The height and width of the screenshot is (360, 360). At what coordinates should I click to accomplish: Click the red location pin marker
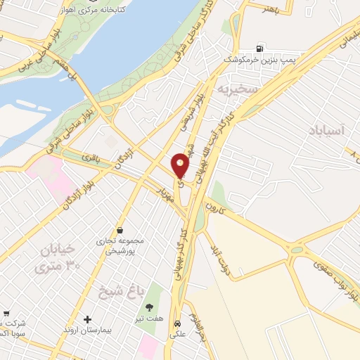coord(181,165)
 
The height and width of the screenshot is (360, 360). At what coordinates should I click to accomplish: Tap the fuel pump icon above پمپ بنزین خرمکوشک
coord(261,49)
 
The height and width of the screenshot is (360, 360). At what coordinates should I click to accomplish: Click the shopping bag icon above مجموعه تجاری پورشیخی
coord(120,231)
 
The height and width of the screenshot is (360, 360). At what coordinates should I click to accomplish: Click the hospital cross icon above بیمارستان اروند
coord(88,320)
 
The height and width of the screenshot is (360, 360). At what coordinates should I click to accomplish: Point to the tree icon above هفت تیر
coord(149,308)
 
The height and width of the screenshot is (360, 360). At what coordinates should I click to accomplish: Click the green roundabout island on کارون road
coord(297,249)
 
